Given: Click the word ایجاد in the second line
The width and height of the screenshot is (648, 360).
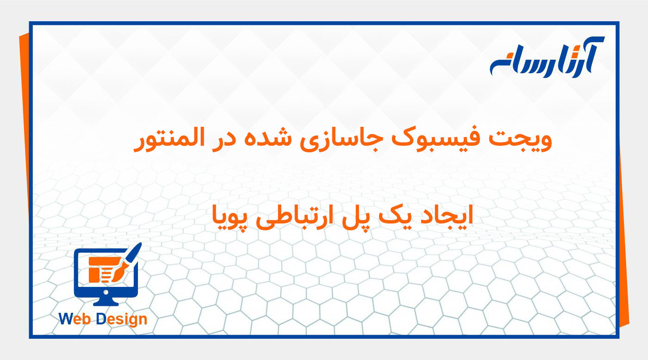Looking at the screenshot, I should point(449,216).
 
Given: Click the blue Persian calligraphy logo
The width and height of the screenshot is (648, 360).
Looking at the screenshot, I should point(547,58).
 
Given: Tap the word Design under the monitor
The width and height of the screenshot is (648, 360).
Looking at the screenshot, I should point(122,319).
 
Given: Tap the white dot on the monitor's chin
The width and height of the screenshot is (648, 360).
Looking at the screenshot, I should point(106,292).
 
